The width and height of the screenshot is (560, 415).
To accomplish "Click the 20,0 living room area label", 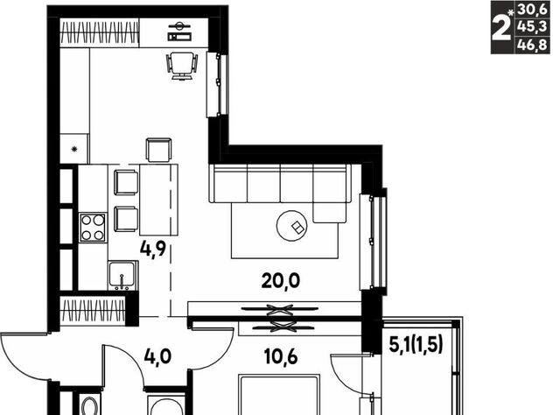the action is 280,281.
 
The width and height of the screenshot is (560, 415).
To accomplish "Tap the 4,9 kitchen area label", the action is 153,250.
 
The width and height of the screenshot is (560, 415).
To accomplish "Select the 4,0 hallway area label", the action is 157,356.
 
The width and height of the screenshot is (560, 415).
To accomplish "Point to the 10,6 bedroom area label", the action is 281,356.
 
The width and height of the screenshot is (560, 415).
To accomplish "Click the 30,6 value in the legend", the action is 532,10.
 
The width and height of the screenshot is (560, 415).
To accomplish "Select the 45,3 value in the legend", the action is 532,27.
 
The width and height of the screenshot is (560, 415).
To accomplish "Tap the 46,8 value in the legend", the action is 532,46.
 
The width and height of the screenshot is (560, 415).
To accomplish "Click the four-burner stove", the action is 93,228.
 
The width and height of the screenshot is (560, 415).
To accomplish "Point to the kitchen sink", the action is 122,276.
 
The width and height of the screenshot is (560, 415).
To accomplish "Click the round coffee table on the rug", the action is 291,226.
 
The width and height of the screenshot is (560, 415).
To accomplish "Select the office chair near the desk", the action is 182,67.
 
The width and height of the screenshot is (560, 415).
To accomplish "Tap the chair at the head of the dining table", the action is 159,150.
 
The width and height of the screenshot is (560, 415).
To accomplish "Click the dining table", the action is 159,200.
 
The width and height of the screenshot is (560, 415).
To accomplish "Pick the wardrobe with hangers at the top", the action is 99,32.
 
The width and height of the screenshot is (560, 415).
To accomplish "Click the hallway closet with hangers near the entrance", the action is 93,310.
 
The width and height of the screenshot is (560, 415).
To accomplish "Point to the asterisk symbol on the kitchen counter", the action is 74,150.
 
